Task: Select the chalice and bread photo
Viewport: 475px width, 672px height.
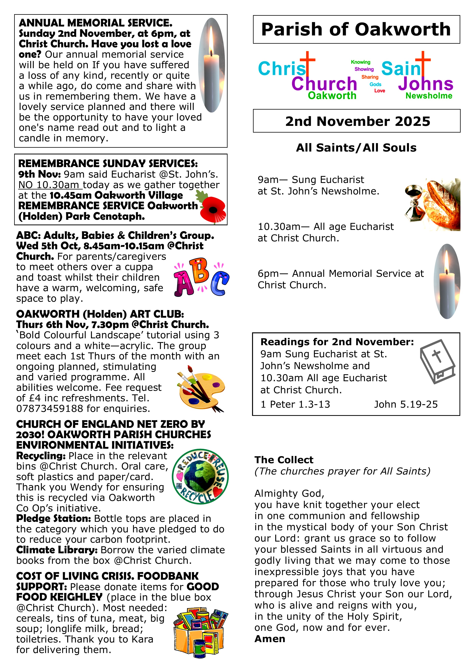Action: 432,204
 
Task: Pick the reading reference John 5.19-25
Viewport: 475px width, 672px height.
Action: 406,405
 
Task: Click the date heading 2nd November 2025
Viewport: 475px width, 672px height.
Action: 358,121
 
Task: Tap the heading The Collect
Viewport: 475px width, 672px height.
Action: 284,460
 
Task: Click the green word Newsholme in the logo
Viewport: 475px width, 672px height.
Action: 429,96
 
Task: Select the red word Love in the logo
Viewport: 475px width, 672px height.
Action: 380,91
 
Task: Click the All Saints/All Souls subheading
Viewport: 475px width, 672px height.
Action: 356,148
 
